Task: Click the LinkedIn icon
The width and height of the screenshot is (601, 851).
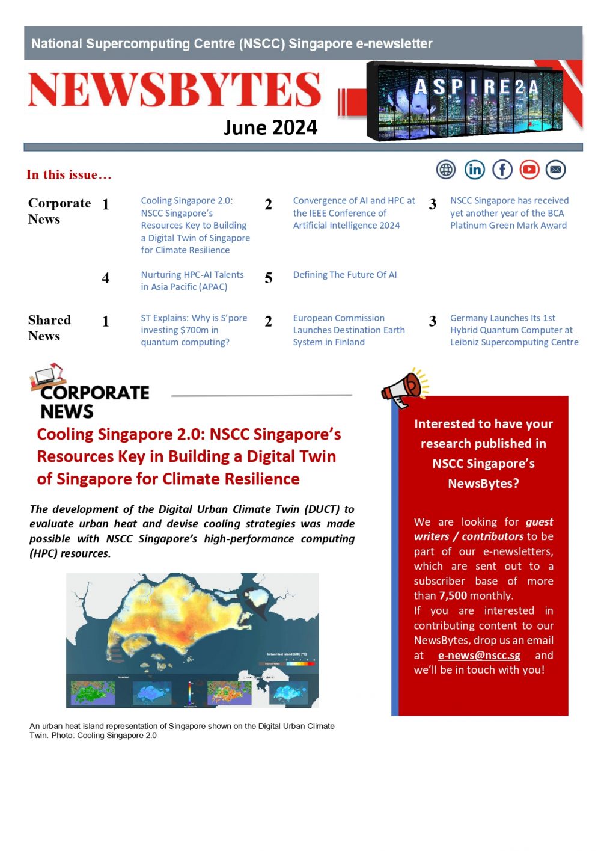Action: click(x=474, y=170)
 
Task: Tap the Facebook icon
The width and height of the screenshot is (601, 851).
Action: click(x=502, y=170)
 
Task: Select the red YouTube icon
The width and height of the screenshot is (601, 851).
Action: click(x=529, y=170)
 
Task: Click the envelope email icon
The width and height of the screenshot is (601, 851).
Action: click(x=556, y=170)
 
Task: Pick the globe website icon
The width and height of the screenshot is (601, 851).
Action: click(x=446, y=170)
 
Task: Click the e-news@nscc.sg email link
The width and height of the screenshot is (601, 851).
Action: click(x=479, y=656)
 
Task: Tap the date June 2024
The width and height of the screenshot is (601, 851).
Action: click(x=270, y=127)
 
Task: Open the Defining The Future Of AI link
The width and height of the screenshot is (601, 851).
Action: click(x=345, y=275)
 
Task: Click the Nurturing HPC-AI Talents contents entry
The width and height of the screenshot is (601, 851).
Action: click(x=192, y=281)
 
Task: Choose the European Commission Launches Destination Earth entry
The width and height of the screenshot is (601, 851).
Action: click(x=349, y=330)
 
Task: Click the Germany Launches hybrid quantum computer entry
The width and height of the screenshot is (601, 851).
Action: click(x=514, y=330)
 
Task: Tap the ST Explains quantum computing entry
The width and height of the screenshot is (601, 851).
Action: click(x=194, y=330)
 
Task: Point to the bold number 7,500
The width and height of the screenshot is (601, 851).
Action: click(x=453, y=596)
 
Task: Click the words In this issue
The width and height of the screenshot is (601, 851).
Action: click(x=69, y=175)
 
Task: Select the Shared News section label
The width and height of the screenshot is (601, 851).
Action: click(x=49, y=328)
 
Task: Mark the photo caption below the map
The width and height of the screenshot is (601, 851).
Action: click(x=182, y=731)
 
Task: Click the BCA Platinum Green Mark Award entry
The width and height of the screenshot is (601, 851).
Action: click(x=509, y=213)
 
